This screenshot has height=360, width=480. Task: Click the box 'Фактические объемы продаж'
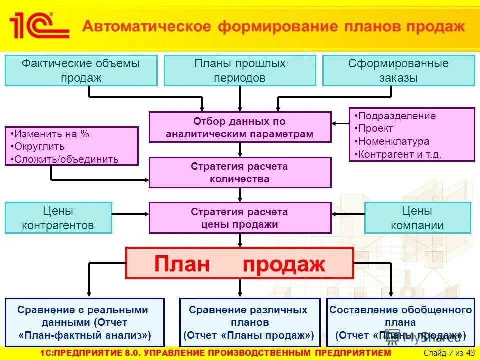pyautogui.click(x=81, y=70)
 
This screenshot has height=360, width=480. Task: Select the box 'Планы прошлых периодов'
pyautogui.click(x=240, y=70)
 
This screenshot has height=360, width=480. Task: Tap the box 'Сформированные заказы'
pyautogui.click(x=398, y=70)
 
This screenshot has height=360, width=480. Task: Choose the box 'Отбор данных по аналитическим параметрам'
pyautogui.click(x=240, y=127)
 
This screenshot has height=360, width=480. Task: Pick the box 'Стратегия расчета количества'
pyautogui.click(x=240, y=172)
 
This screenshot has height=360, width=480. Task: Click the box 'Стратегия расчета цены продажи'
pyautogui.click(x=240, y=218)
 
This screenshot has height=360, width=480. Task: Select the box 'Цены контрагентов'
pyautogui.click(x=58, y=218)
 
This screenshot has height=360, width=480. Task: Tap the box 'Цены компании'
pyautogui.click(x=417, y=218)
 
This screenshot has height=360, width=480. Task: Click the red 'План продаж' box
pyautogui.click(x=240, y=263)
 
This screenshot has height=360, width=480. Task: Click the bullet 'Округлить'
pyautogui.click(x=40, y=147)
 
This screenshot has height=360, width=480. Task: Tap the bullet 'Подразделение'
pyautogui.click(x=397, y=116)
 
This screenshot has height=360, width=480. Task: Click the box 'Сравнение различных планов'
pyautogui.click(x=248, y=322)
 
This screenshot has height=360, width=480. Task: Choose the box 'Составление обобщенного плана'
pyautogui.click(x=400, y=322)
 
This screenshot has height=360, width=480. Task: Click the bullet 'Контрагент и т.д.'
pyautogui.click(x=400, y=154)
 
